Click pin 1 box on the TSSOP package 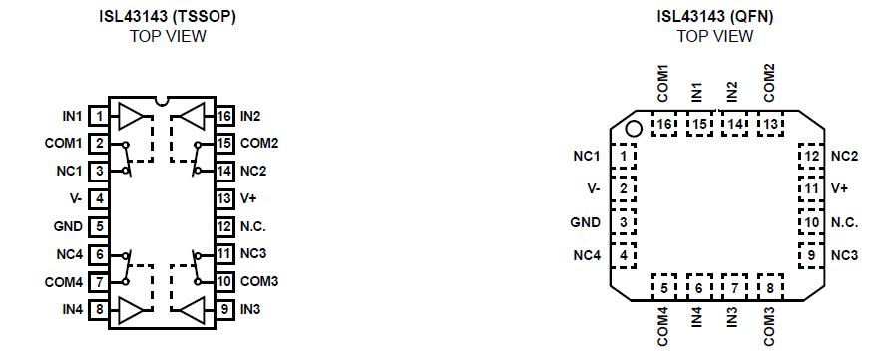pos(99,117)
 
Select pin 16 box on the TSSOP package pos(224,117)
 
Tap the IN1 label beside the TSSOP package pos(73,117)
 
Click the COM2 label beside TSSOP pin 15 pos(258,144)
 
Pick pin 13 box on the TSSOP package pos(224,198)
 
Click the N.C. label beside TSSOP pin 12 pos(253,226)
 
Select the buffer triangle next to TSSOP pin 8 pos(131,311)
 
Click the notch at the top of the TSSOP pos(162,103)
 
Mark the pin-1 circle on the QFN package pos(632,128)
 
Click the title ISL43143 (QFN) pos(714,17)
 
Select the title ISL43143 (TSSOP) pos(167,17)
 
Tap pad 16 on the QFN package pos(664,124)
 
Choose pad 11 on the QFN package pos(812,188)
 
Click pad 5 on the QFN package pos(664,289)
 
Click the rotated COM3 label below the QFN pos(770,325)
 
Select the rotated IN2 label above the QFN pos(733,91)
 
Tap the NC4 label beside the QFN pos(587,256)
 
